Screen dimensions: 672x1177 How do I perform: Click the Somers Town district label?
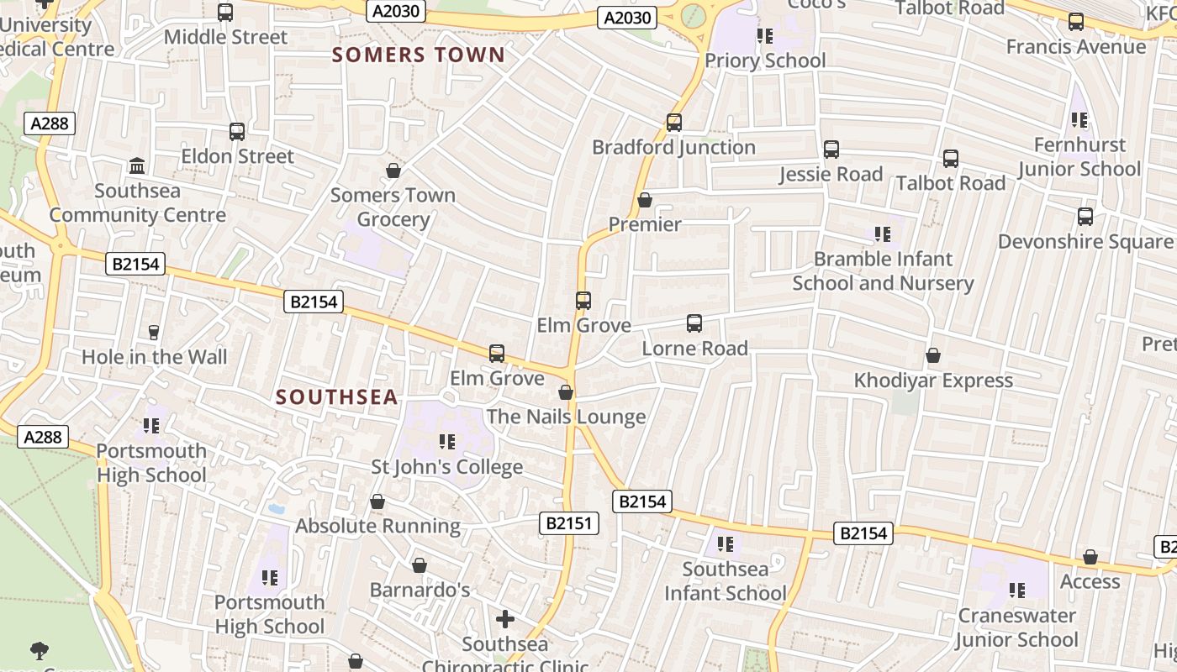click(418, 55)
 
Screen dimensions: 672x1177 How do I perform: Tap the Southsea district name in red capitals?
click(336, 397)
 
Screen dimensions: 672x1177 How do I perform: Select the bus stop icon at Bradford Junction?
click(673, 123)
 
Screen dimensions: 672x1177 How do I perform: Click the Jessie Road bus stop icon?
click(831, 150)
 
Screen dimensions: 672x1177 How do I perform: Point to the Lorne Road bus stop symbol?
click(694, 323)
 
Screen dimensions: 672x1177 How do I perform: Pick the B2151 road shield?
click(569, 523)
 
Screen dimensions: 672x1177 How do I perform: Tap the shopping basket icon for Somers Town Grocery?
click(393, 171)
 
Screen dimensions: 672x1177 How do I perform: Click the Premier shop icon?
click(644, 200)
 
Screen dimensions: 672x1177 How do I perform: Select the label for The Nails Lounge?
click(566, 417)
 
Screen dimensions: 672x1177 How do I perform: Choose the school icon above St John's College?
click(446, 441)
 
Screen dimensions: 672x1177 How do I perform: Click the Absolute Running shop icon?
click(377, 501)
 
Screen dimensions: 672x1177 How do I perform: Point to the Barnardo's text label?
click(420, 590)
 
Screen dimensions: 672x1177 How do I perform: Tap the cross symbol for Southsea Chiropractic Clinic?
click(504, 619)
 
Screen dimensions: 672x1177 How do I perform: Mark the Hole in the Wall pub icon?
click(153, 333)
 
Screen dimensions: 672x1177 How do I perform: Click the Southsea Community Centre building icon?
click(137, 165)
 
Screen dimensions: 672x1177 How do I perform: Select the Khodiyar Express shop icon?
click(932, 356)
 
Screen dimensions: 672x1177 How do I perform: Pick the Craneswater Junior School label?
click(1016, 627)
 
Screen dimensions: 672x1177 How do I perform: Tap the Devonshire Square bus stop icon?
click(1085, 217)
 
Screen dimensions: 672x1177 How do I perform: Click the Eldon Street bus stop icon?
click(237, 132)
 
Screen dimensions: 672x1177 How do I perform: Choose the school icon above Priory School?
click(764, 36)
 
